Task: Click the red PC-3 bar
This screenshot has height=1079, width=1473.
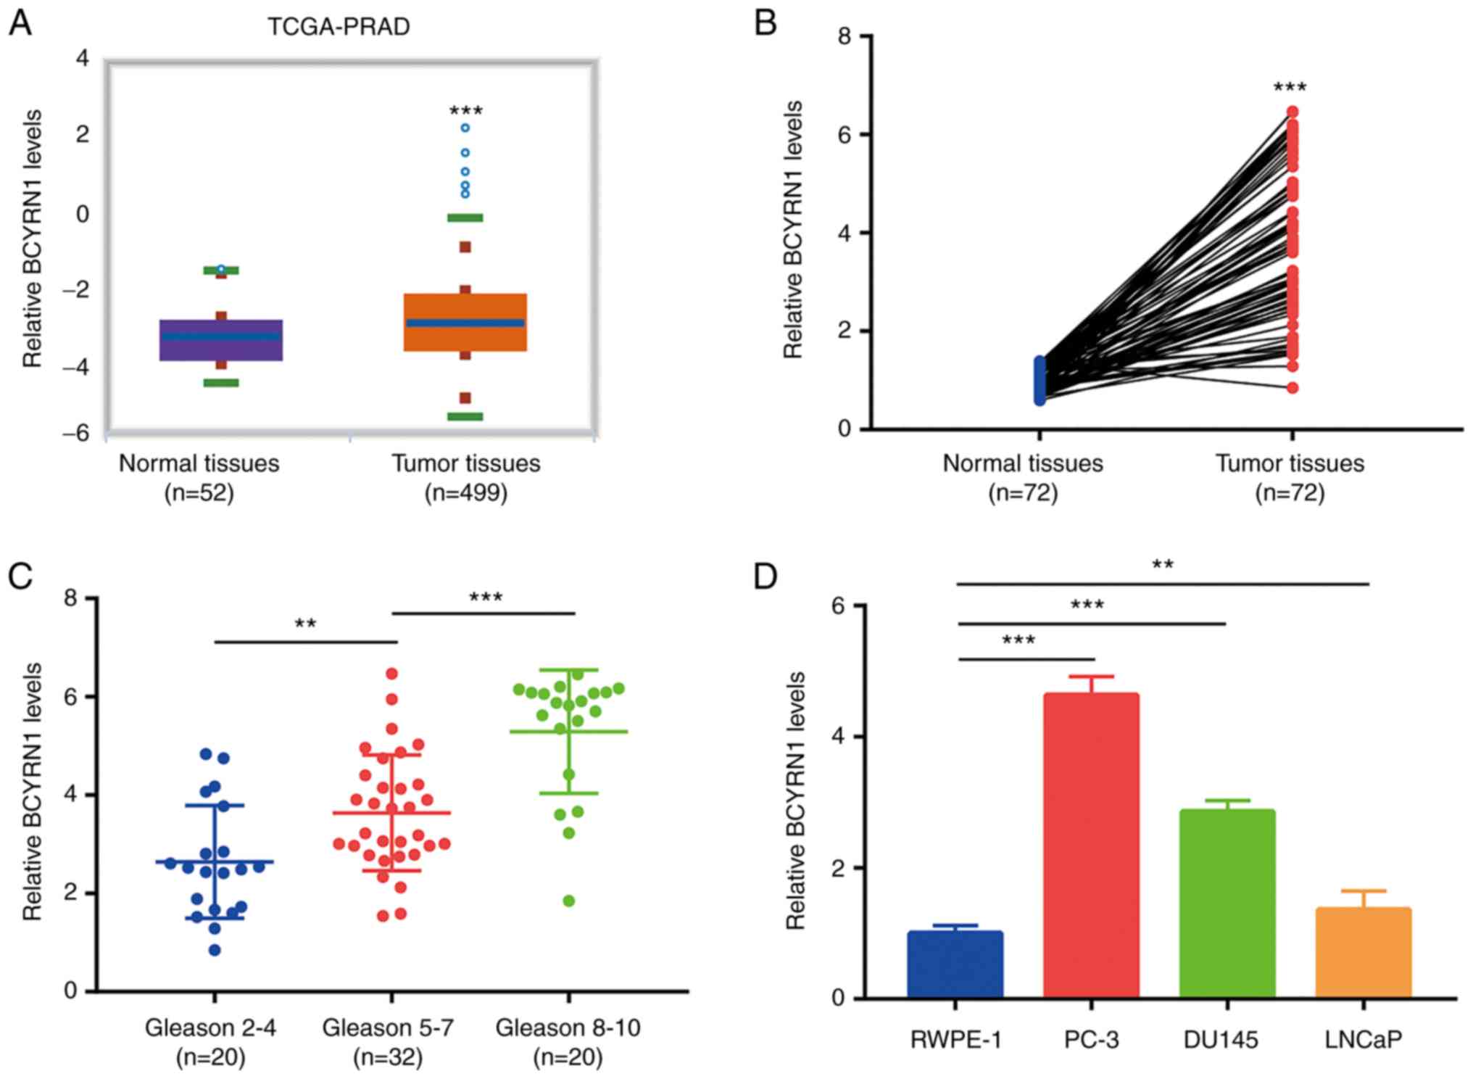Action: (x=1091, y=845)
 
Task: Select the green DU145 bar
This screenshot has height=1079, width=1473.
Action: (x=1227, y=903)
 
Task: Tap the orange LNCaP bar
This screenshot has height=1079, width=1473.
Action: (x=1363, y=952)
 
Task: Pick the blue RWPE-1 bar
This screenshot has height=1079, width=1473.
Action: (x=955, y=964)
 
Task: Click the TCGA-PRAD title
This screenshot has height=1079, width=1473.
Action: (x=339, y=27)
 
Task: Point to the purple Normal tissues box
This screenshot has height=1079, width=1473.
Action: (x=220, y=339)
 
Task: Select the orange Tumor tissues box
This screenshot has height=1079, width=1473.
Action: (x=465, y=322)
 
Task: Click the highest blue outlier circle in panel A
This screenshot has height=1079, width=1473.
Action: (x=465, y=128)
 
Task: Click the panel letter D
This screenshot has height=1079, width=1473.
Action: (x=765, y=576)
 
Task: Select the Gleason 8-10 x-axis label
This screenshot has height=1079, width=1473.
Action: (x=568, y=1028)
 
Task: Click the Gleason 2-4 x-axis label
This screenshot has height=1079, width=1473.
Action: (x=210, y=1028)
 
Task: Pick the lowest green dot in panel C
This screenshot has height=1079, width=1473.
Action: (x=569, y=901)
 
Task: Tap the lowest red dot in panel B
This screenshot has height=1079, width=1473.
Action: (x=1292, y=388)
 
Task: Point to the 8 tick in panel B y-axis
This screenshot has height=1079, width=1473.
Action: (x=845, y=36)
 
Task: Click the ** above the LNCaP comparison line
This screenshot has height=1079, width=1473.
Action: (x=1163, y=565)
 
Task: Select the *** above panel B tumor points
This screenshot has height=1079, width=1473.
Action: (x=1290, y=88)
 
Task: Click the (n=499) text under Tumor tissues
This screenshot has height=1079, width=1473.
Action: (x=466, y=493)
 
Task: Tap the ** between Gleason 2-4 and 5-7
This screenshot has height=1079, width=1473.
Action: (x=305, y=624)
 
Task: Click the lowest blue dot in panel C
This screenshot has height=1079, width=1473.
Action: (x=215, y=950)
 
